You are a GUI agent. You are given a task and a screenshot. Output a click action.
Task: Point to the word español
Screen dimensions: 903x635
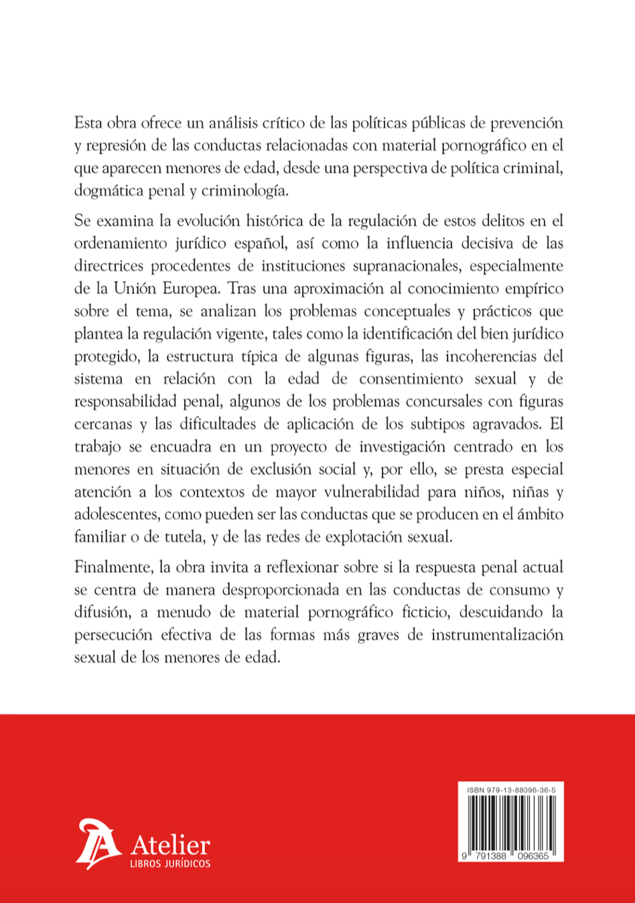[257, 243]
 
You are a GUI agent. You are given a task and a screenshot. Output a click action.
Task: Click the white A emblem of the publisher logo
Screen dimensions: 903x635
[96, 844]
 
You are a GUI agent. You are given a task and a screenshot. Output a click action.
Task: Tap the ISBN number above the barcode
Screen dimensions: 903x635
[510, 790]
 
